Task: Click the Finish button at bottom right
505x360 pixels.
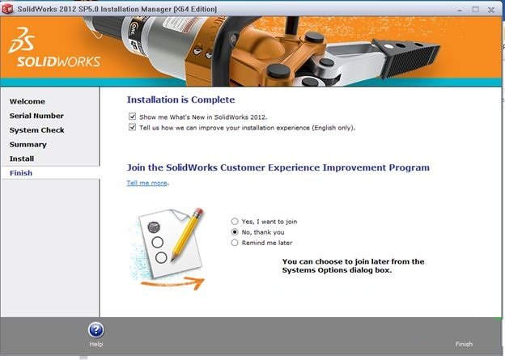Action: point(464,344)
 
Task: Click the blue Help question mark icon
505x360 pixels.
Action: point(96,330)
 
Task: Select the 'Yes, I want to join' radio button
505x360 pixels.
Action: point(235,221)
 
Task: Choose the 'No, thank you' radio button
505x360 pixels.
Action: point(235,231)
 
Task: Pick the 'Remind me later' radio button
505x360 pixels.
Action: point(235,242)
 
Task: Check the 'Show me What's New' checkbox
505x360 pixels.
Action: point(132,117)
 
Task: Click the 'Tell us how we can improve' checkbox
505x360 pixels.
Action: point(132,127)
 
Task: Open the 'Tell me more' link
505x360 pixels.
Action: point(147,183)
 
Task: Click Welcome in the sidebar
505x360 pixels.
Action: point(28,101)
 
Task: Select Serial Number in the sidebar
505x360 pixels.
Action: point(36,116)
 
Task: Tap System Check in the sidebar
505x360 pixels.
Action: point(37,130)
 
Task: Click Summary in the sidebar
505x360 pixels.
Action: point(28,144)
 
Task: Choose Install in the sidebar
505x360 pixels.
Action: point(22,159)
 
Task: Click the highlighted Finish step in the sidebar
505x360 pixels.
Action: point(21,173)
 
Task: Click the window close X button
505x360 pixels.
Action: point(490,10)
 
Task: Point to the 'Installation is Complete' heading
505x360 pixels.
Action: point(180,100)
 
